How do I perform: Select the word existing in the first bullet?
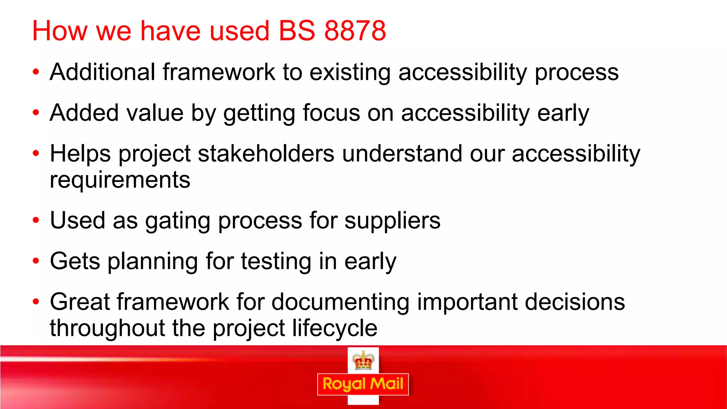point(350,73)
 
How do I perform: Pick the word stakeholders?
point(266,154)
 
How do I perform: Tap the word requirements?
point(120,180)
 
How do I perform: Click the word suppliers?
point(392,221)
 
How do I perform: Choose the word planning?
point(153,262)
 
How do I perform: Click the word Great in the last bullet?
point(80,302)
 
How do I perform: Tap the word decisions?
point(575,302)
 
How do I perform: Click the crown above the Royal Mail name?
point(363,360)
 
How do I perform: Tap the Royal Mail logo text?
point(363,384)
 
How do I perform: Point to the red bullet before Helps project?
point(35,154)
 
